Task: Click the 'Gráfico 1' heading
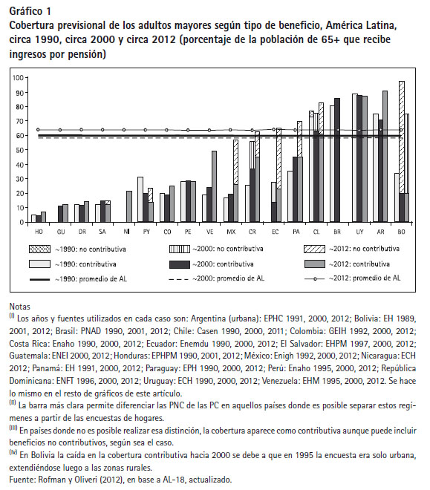30,11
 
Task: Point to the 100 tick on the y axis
18,77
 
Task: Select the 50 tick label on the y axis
20,150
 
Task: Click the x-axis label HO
39,232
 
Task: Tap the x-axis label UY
359,232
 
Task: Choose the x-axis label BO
402,232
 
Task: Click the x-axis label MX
231,232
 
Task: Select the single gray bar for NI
129,206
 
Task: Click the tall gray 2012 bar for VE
214,186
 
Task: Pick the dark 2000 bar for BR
337,160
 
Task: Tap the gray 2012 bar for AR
385,157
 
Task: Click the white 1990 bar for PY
140,200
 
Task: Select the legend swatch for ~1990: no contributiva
39,249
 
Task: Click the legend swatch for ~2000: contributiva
180,264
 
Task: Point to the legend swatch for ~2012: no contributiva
314,249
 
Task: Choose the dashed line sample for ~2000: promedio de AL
179,279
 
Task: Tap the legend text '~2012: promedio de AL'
365,278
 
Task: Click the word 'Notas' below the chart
20,307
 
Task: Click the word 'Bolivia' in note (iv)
42,455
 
